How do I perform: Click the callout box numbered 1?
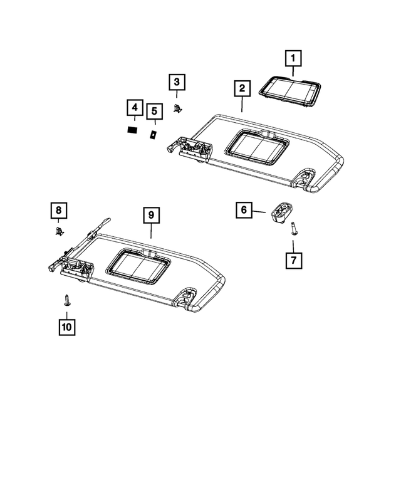point(293,60)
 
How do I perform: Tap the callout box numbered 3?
point(177,81)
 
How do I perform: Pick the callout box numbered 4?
point(133,108)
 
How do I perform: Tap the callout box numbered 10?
point(66,327)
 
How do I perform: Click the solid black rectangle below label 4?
point(133,130)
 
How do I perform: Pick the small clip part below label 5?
point(153,134)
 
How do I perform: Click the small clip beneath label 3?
point(178,108)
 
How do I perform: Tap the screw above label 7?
point(293,229)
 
